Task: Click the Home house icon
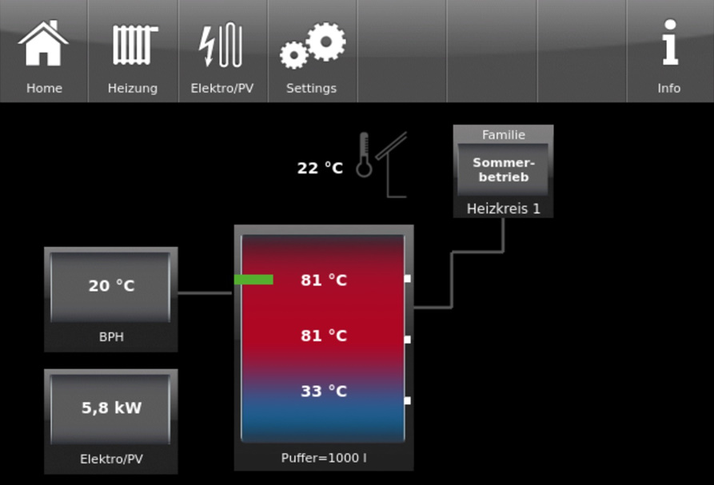point(43,43)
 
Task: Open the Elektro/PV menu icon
point(221,45)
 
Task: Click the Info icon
point(669,44)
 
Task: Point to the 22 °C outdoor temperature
point(320,168)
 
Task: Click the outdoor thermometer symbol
point(365,155)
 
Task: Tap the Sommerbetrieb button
point(503,169)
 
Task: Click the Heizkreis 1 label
point(503,208)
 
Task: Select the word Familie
point(503,135)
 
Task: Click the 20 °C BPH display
point(111,285)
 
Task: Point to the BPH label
point(111,337)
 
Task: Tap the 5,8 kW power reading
point(111,407)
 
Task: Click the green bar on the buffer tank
point(253,280)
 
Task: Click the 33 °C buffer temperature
point(324,391)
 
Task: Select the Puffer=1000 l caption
point(324,458)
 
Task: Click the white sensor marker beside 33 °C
point(407,400)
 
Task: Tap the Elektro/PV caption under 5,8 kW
point(111,459)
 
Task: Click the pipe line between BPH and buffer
point(205,293)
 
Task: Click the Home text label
point(44,88)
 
